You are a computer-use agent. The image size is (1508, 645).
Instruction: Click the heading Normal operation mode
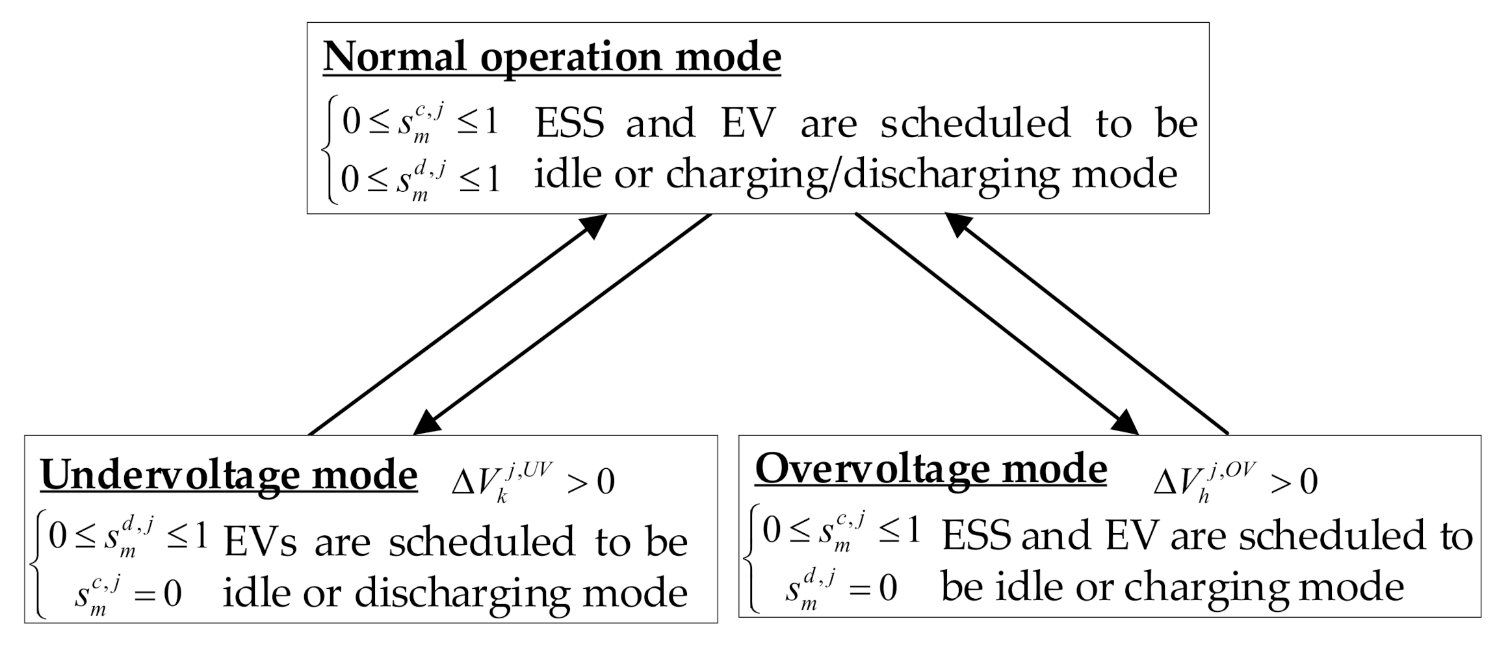click(551, 57)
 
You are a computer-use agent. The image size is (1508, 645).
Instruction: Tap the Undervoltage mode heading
click(229, 475)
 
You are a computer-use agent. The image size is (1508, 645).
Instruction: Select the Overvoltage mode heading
click(931, 469)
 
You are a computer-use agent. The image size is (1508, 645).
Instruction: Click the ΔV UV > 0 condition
click(533, 482)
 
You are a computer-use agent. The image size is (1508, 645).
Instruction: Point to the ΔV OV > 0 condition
click(1235, 482)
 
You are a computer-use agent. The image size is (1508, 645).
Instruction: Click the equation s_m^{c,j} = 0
click(127, 594)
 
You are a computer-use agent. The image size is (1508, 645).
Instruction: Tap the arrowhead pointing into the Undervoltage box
click(426, 425)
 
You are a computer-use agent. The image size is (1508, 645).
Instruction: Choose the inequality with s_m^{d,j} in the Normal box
click(420, 177)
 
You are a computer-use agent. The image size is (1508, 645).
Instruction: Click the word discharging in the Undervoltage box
click(461, 594)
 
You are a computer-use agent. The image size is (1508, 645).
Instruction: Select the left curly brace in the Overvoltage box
click(751, 558)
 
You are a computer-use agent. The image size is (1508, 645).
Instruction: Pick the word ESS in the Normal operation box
click(569, 123)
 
